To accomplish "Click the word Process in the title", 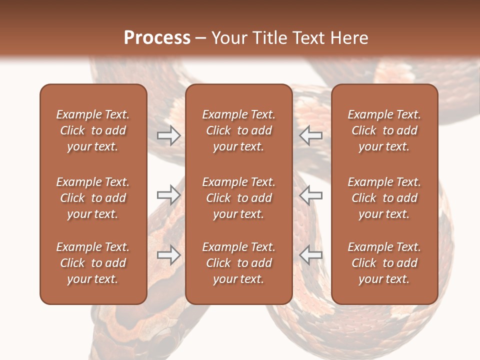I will (x=157, y=37).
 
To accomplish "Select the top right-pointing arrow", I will (x=168, y=135).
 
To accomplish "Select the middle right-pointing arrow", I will (x=168, y=194).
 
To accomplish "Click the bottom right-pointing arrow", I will (x=168, y=255).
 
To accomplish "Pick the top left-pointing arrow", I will (x=311, y=135).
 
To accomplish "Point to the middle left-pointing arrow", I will (x=311, y=194).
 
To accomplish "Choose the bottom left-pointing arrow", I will (x=311, y=255).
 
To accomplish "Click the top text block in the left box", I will (x=93, y=130).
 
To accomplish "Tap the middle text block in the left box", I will (x=93, y=198).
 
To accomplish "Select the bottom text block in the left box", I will (x=93, y=263).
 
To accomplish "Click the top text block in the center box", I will (x=238, y=130).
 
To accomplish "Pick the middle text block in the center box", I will (x=238, y=198).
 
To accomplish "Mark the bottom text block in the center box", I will (x=238, y=263).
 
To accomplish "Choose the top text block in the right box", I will (x=384, y=130).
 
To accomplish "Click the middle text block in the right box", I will (x=384, y=198).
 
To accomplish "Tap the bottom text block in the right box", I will (x=384, y=263).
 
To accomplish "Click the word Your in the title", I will (x=229, y=38).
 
